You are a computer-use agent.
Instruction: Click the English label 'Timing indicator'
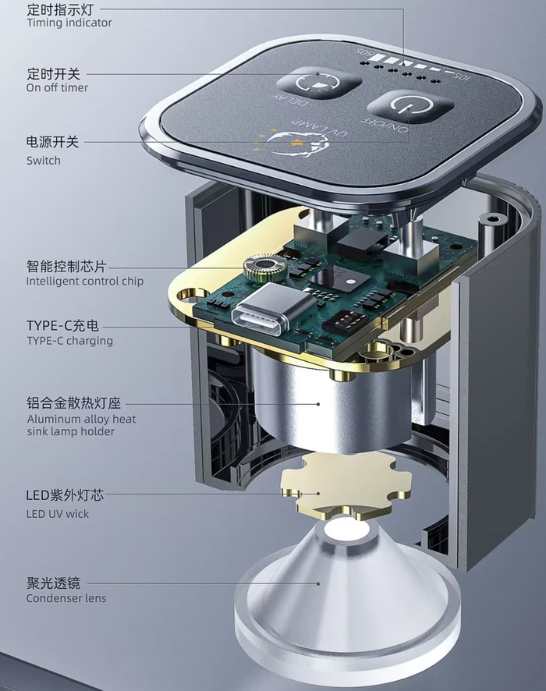69,23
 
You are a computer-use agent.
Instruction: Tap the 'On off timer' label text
57,87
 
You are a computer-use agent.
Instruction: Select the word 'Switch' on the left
43,161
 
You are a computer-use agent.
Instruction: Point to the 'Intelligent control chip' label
84,282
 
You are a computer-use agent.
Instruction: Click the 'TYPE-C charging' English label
69,341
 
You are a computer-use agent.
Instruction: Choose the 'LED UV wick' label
57,514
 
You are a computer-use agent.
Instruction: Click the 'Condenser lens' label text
66,598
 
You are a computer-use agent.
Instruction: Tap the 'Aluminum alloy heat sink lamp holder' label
81,425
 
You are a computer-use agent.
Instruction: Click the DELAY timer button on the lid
318,83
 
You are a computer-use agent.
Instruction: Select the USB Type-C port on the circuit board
273,310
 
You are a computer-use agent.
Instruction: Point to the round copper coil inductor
264,268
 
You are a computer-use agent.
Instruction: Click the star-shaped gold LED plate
346,484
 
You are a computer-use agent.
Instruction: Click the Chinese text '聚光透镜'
53,583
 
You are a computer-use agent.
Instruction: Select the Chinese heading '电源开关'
52,142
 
